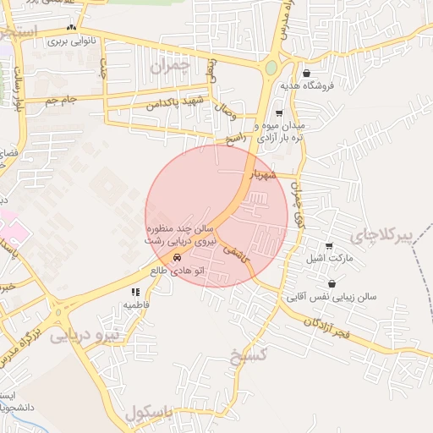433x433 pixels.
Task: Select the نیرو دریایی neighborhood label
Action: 85,336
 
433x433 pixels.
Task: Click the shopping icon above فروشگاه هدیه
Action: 305,73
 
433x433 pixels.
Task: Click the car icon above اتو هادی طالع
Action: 176,258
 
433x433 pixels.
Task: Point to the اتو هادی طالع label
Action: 176,271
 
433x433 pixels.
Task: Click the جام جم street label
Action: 61,100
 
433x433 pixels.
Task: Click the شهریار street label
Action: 261,173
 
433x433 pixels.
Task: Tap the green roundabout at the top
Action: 271,68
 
